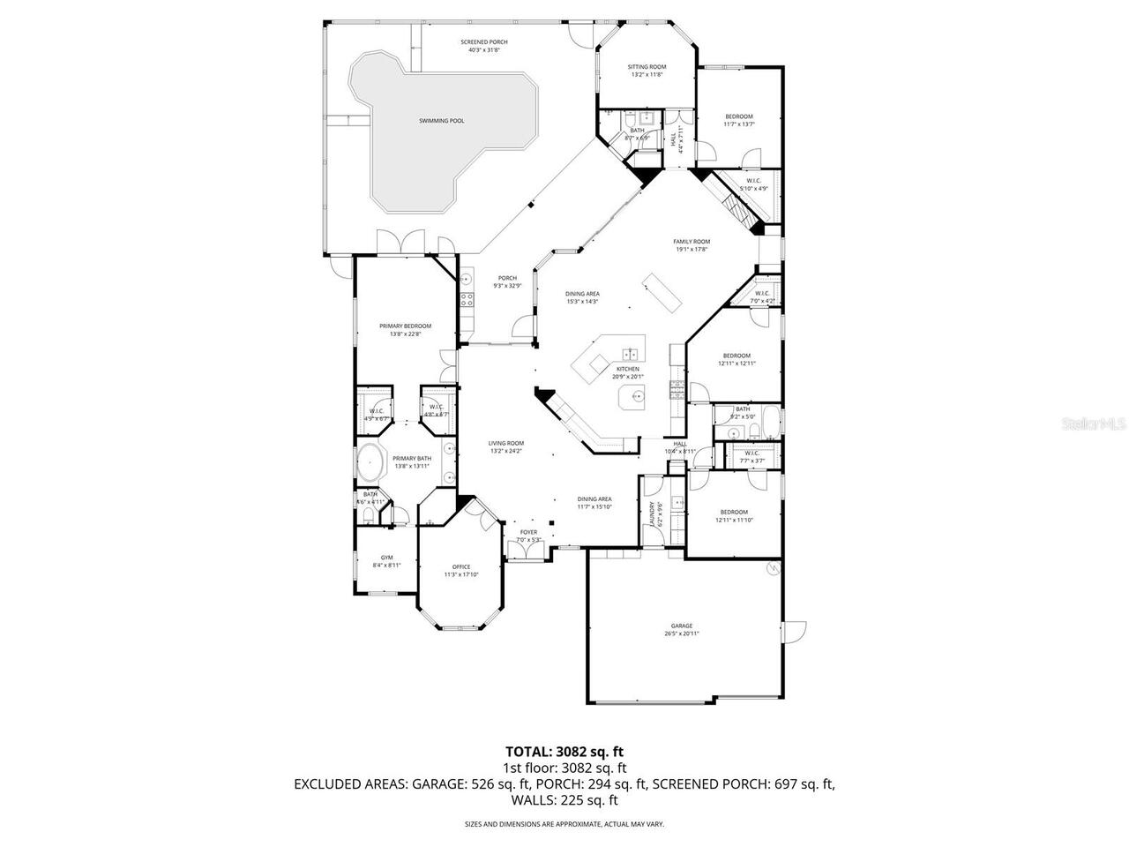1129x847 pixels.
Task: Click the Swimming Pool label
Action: pyautogui.click(x=442, y=121)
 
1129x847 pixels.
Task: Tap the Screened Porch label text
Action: pyautogui.click(x=484, y=41)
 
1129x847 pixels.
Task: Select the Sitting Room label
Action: pyautogui.click(x=647, y=67)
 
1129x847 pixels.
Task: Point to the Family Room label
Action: pyautogui.click(x=692, y=242)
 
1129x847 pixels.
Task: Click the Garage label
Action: pyautogui.click(x=681, y=626)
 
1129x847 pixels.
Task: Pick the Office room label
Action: pyautogui.click(x=460, y=566)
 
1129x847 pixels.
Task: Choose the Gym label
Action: pyautogui.click(x=386, y=558)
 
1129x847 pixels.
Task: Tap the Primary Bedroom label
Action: pyautogui.click(x=405, y=326)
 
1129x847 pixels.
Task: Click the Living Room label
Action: pyautogui.click(x=506, y=443)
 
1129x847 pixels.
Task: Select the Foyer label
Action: pyautogui.click(x=528, y=532)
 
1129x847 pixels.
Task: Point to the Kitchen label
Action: pyautogui.click(x=628, y=369)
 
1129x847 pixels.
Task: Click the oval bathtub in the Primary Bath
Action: pyautogui.click(x=369, y=462)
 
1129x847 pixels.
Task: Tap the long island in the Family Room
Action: pyautogui.click(x=662, y=292)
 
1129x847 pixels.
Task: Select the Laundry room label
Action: pyautogui.click(x=653, y=513)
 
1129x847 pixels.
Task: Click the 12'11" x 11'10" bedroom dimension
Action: pyautogui.click(x=733, y=520)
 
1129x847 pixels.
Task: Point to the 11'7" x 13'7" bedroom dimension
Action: pyautogui.click(x=739, y=124)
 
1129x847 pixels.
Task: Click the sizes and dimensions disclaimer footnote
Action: pyautogui.click(x=564, y=824)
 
